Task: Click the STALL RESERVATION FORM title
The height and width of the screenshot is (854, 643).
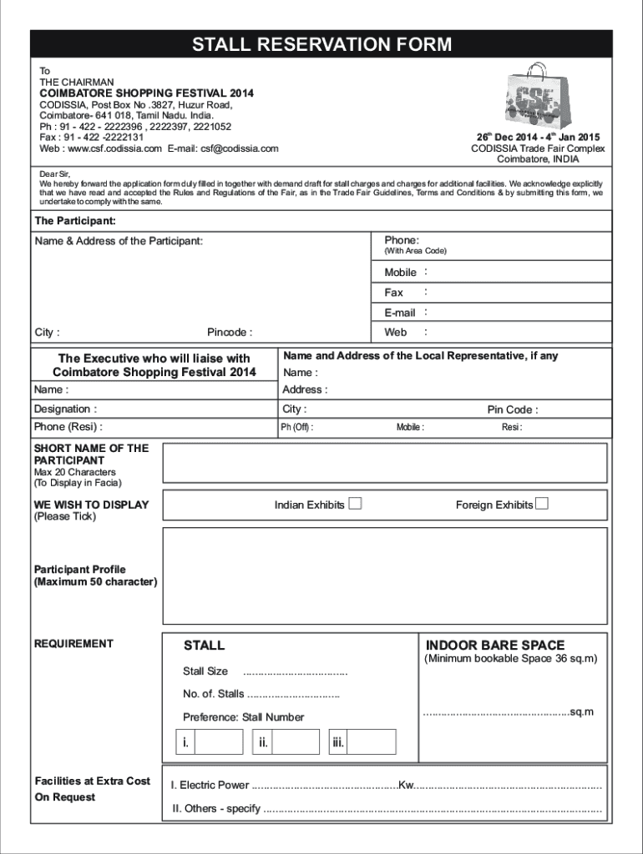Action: pos(321,44)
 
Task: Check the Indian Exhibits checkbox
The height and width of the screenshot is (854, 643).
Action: pos(355,504)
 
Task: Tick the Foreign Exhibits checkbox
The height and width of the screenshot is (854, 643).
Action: pos(542,504)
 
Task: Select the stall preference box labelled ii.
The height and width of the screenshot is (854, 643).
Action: pos(286,741)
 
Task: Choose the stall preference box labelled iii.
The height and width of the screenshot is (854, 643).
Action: pos(362,741)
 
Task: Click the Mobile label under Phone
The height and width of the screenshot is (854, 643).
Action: pos(400,273)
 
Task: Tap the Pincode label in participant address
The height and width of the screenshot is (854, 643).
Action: pos(230,333)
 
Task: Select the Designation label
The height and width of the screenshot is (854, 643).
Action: pos(64,409)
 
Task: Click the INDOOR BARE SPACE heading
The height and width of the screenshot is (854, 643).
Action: pos(495,646)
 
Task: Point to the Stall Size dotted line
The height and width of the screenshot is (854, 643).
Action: pos(295,672)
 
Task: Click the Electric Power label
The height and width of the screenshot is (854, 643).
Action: pos(209,786)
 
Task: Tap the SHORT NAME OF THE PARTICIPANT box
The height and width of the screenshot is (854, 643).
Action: pos(384,463)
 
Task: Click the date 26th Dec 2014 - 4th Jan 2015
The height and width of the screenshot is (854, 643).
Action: pos(538,137)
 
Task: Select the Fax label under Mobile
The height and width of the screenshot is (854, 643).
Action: pos(393,293)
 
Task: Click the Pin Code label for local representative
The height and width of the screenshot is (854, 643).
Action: pos(512,409)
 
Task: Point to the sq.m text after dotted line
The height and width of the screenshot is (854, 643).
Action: pos(581,712)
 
